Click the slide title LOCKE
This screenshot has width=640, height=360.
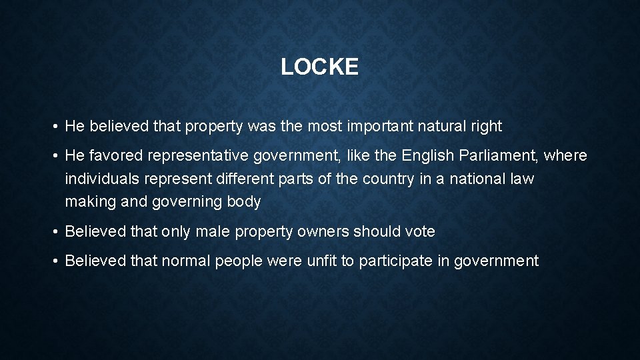pyautogui.click(x=319, y=67)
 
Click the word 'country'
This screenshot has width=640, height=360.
pyautogui.click(x=393, y=179)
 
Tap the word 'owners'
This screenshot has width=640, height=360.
pyautogui.click(x=325, y=232)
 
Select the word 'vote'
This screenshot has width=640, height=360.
pyautogui.click(x=419, y=232)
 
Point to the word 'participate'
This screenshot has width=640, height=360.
pyautogui.click(x=397, y=261)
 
